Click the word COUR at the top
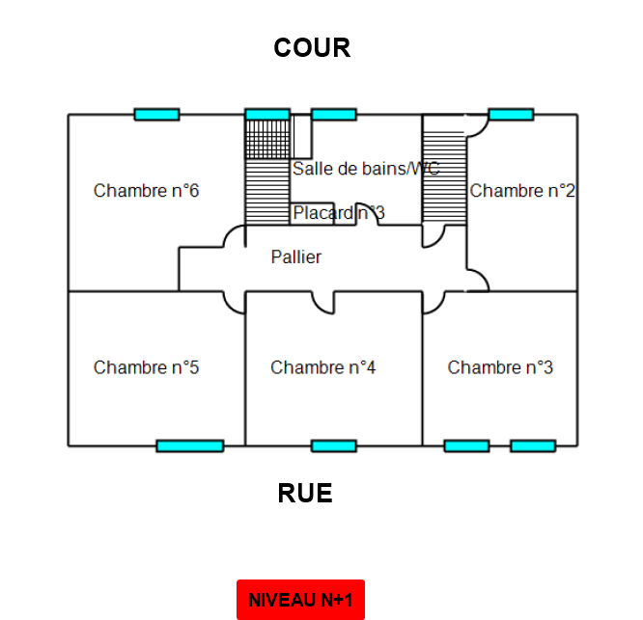[x=311, y=47]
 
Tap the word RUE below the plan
[x=305, y=494]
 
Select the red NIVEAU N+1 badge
[x=300, y=600]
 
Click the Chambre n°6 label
[x=146, y=191]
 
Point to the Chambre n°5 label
[x=146, y=367]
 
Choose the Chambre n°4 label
[x=322, y=367]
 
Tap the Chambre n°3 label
[x=500, y=367]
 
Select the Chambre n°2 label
[x=522, y=191]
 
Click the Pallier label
[x=296, y=257]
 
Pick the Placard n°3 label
[x=339, y=212]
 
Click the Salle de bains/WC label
[x=366, y=169]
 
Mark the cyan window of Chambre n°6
[x=156, y=115]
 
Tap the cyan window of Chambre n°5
[x=189, y=445]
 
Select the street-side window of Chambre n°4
[x=333, y=445]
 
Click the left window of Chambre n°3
[x=466, y=445]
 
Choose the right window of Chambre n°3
[x=533, y=445]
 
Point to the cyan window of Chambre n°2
[x=511, y=115]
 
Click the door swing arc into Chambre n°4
[x=324, y=304]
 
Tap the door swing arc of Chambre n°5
[x=234, y=303]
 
